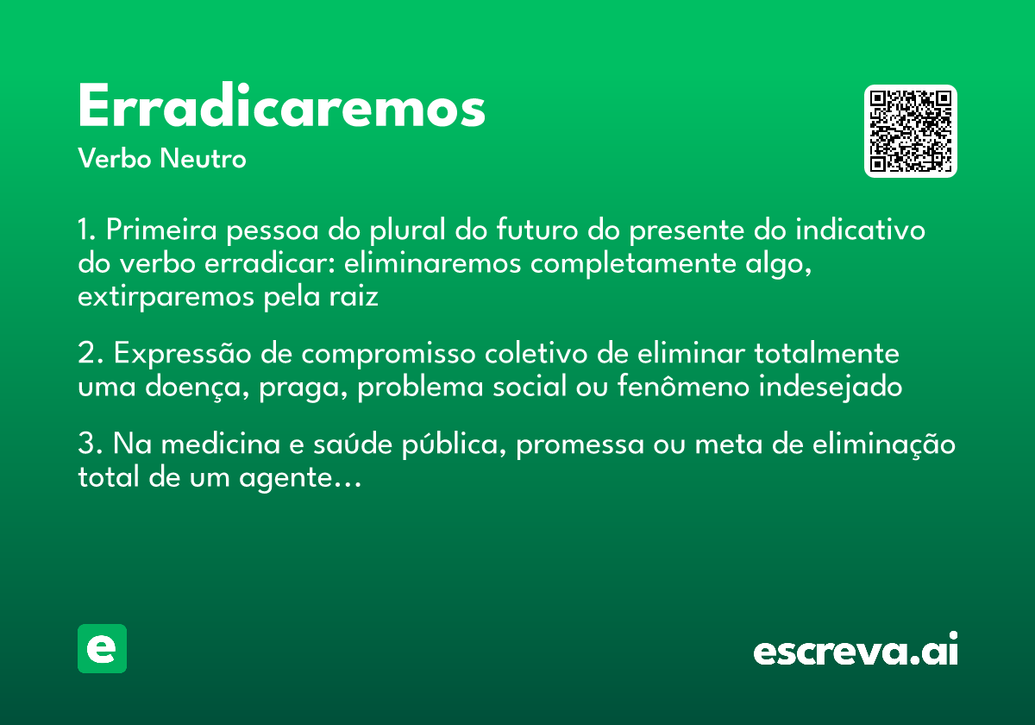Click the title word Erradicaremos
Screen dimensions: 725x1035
click(x=282, y=108)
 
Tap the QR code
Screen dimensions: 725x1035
click(x=911, y=131)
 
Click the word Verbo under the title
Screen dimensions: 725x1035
click(x=115, y=160)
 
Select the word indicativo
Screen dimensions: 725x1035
click(x=860, y=230)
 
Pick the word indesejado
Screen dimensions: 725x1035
click(x=831, y=388)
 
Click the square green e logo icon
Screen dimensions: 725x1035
click(x=102, y=648)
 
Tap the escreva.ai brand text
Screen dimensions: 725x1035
click(x=856, y=650)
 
